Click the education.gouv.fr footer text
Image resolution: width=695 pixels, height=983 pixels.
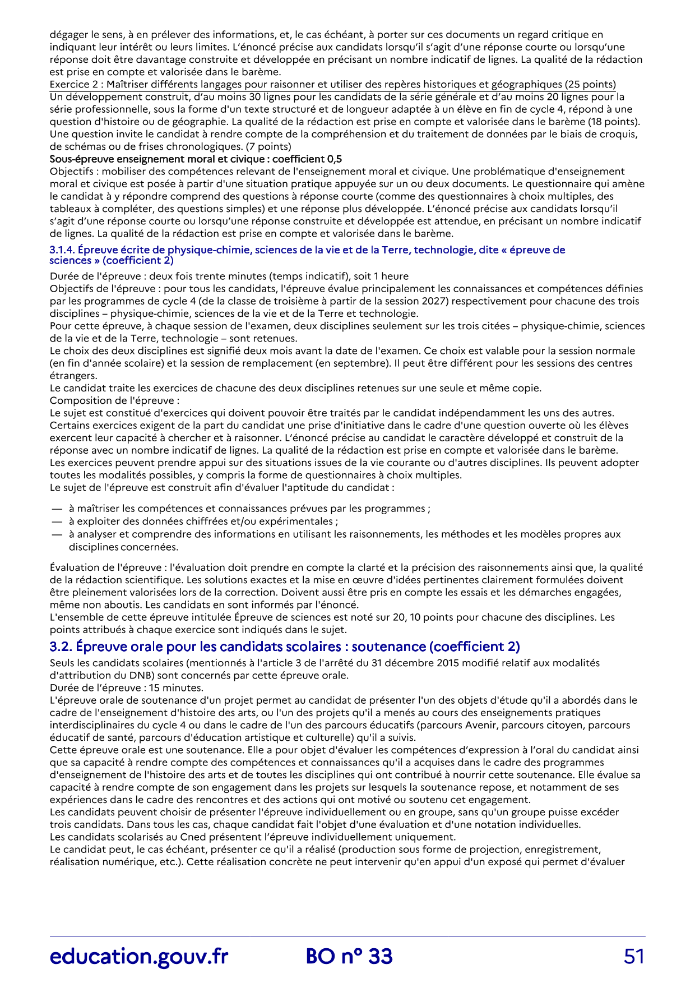tap(139, 956)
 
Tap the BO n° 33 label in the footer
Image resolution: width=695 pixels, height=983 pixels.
tap(349, 956)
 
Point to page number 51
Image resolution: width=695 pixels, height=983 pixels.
tap(634, 956)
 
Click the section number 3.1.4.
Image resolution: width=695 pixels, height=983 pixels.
tap(62, 250)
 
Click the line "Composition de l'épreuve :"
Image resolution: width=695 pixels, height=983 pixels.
tap(115, 400)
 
